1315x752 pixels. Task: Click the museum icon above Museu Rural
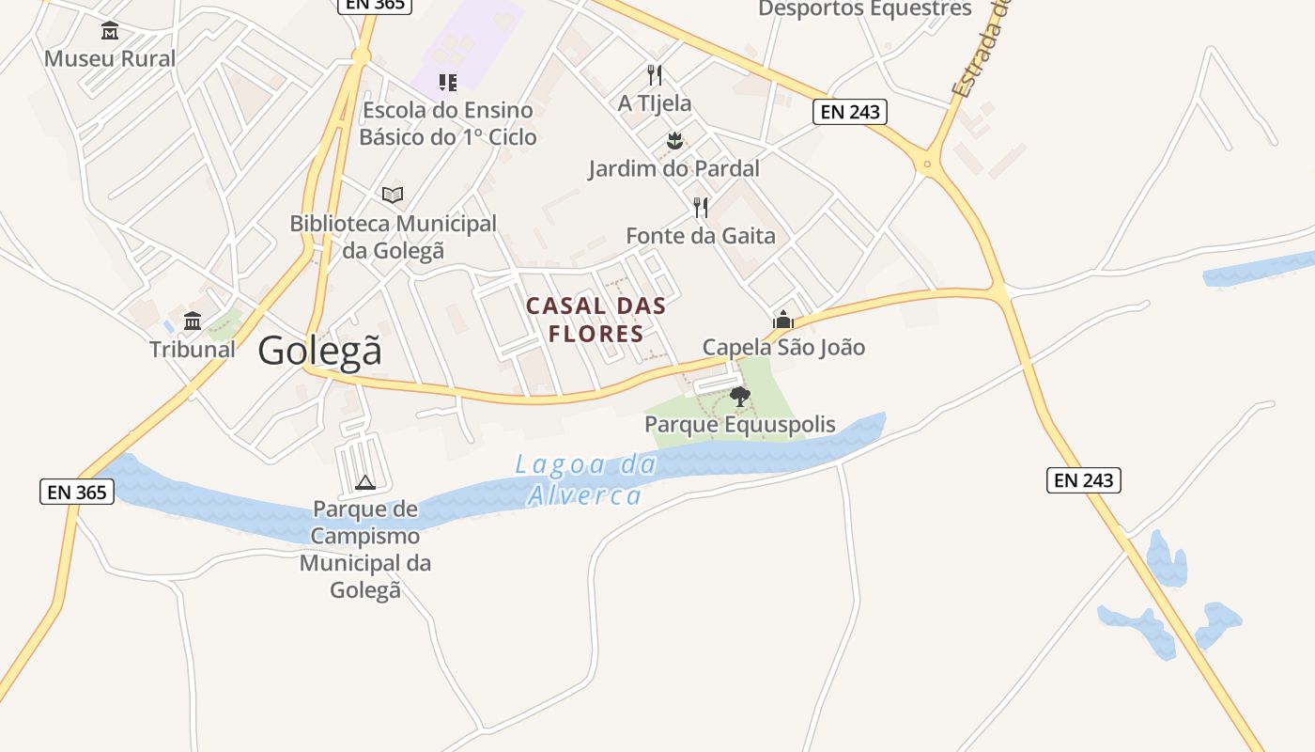click(x=110, y=31)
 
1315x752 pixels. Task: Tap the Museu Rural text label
click(x=110, y=58)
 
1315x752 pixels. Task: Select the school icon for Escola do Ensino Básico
click(x=448, y=83)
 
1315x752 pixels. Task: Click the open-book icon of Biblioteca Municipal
click(x=393, y=196)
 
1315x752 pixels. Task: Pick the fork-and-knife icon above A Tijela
click(x=655, y=75)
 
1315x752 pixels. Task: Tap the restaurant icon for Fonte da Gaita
click(x=701, y=207)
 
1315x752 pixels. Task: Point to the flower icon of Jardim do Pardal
click(x=673, y=142)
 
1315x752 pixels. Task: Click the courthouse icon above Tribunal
click(x=193, y=321)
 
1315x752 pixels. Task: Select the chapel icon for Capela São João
click(x=782, y=320)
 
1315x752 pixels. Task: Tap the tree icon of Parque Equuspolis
click(x=740, y=396)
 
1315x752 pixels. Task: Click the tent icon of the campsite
click(x=365, y=482)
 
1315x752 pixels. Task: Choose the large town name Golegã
click(x=320, y=351)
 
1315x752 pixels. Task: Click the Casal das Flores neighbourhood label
click(x=596, y=320)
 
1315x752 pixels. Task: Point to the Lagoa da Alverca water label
click(x=584, y=479)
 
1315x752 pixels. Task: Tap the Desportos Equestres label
click(x=865, y=9)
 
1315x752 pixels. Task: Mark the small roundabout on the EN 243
click(x=927, y=164)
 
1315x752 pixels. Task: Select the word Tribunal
click(x=193, y=350)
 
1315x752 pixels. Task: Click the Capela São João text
click(x=783, y=348)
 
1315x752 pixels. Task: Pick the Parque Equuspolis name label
click(x=740, y=425)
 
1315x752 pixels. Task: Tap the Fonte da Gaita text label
click(x=701, y=235)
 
